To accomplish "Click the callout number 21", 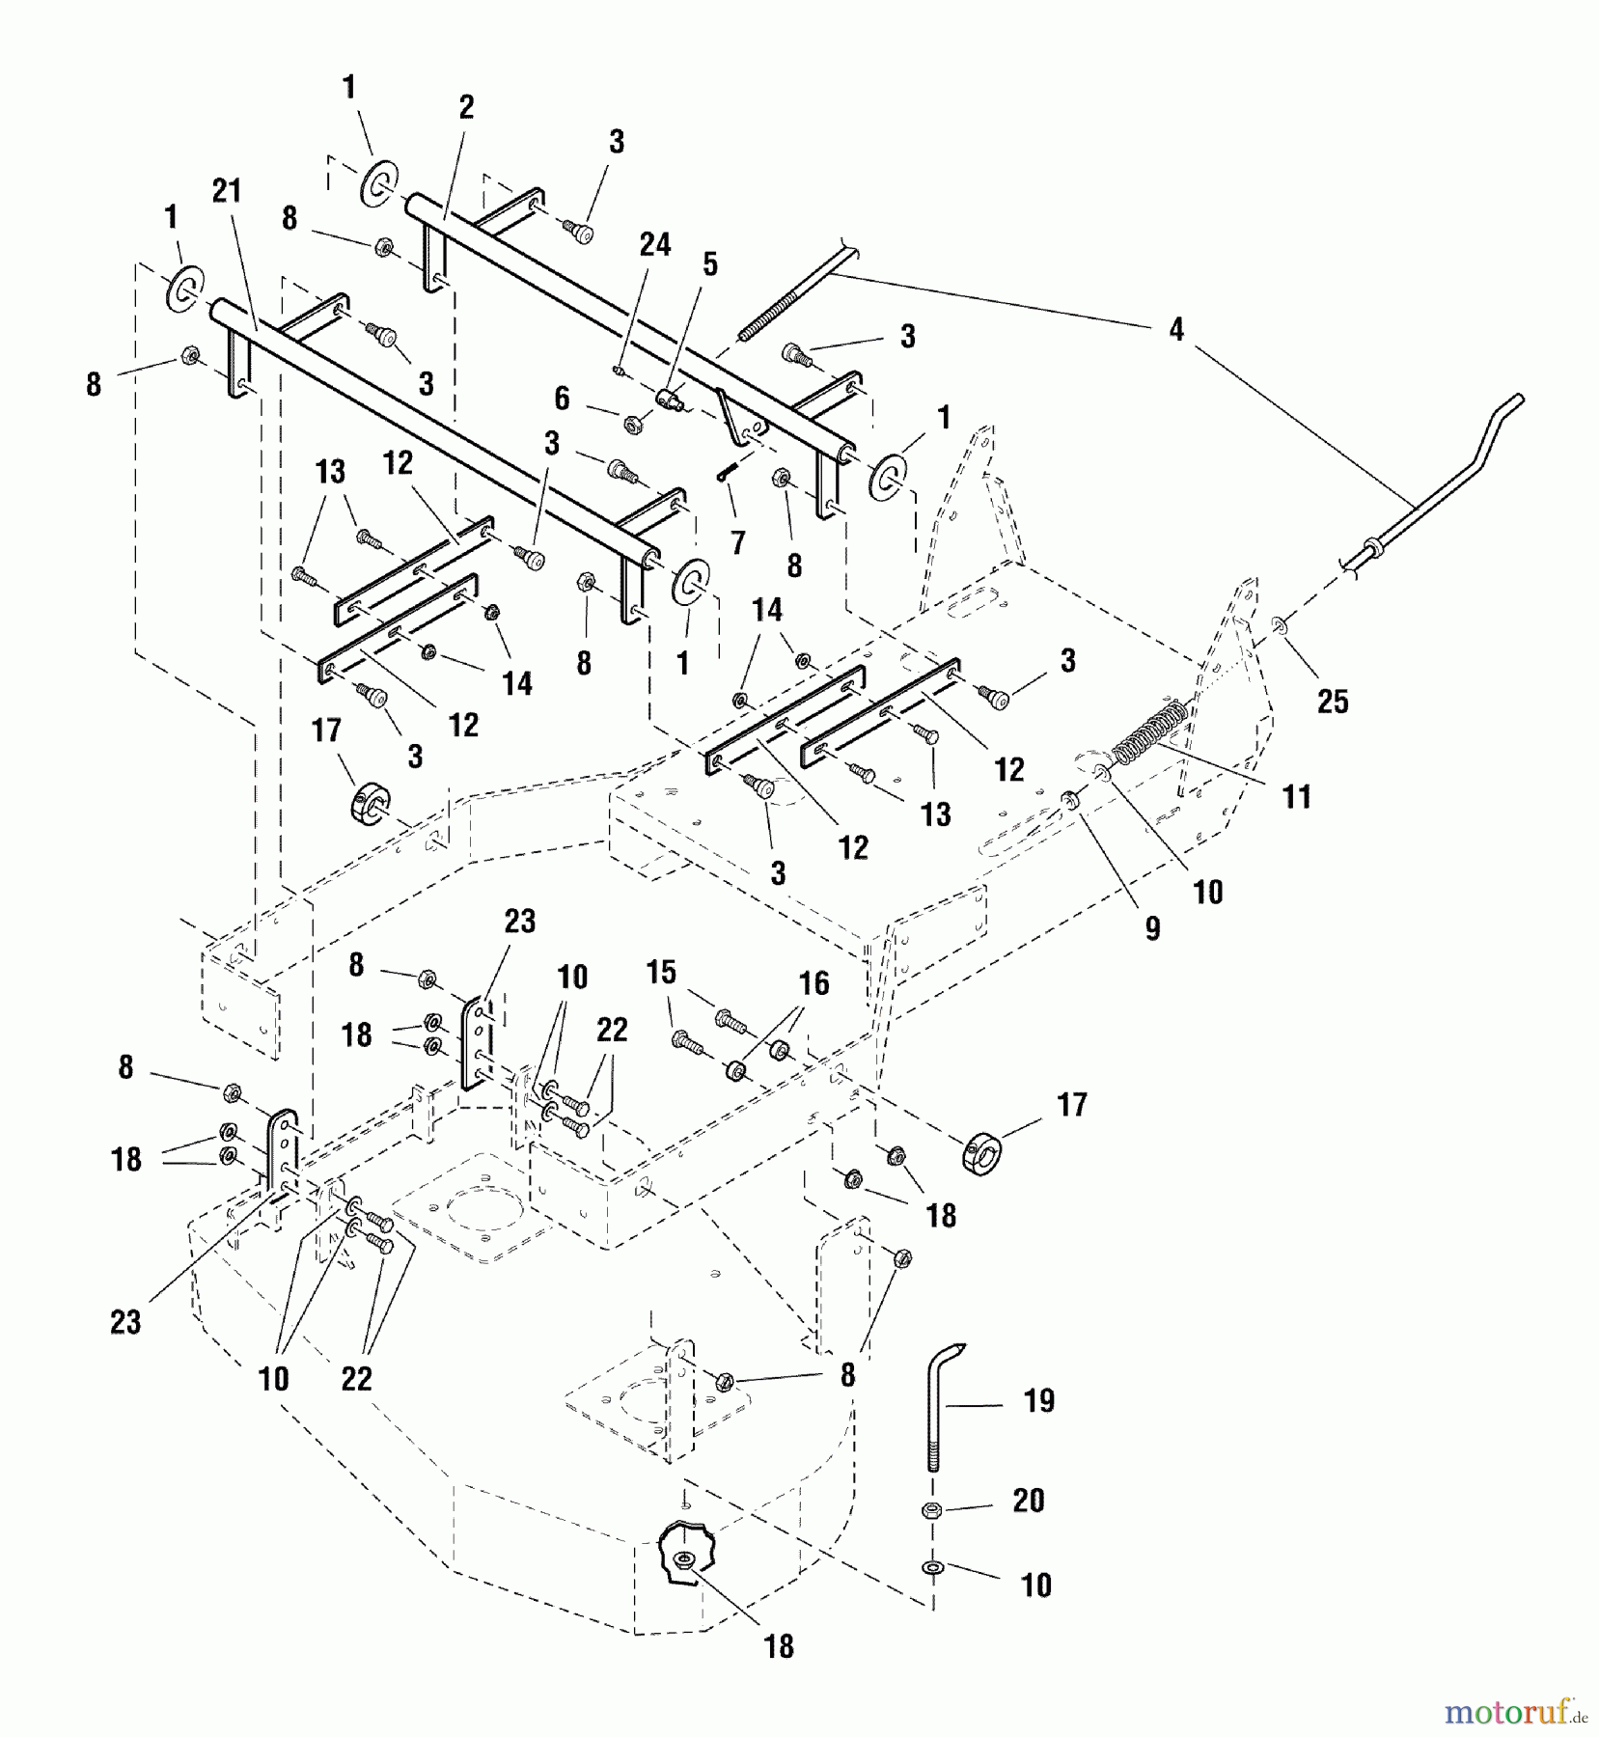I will (226, 192).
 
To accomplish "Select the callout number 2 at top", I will (466, 107).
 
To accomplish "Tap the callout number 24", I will (655, 245).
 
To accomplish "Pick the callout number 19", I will (1038, 1400).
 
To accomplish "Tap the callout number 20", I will (1029, 1501).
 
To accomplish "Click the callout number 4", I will (1175, 330).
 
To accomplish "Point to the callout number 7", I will (738, 543).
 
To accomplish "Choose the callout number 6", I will (562, 399).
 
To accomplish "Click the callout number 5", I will (710, 264).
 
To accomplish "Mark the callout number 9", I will (1152, 928).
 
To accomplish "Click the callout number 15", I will (661, 972).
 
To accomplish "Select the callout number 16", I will (813, 983).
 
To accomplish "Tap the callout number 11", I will (1296, 797).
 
